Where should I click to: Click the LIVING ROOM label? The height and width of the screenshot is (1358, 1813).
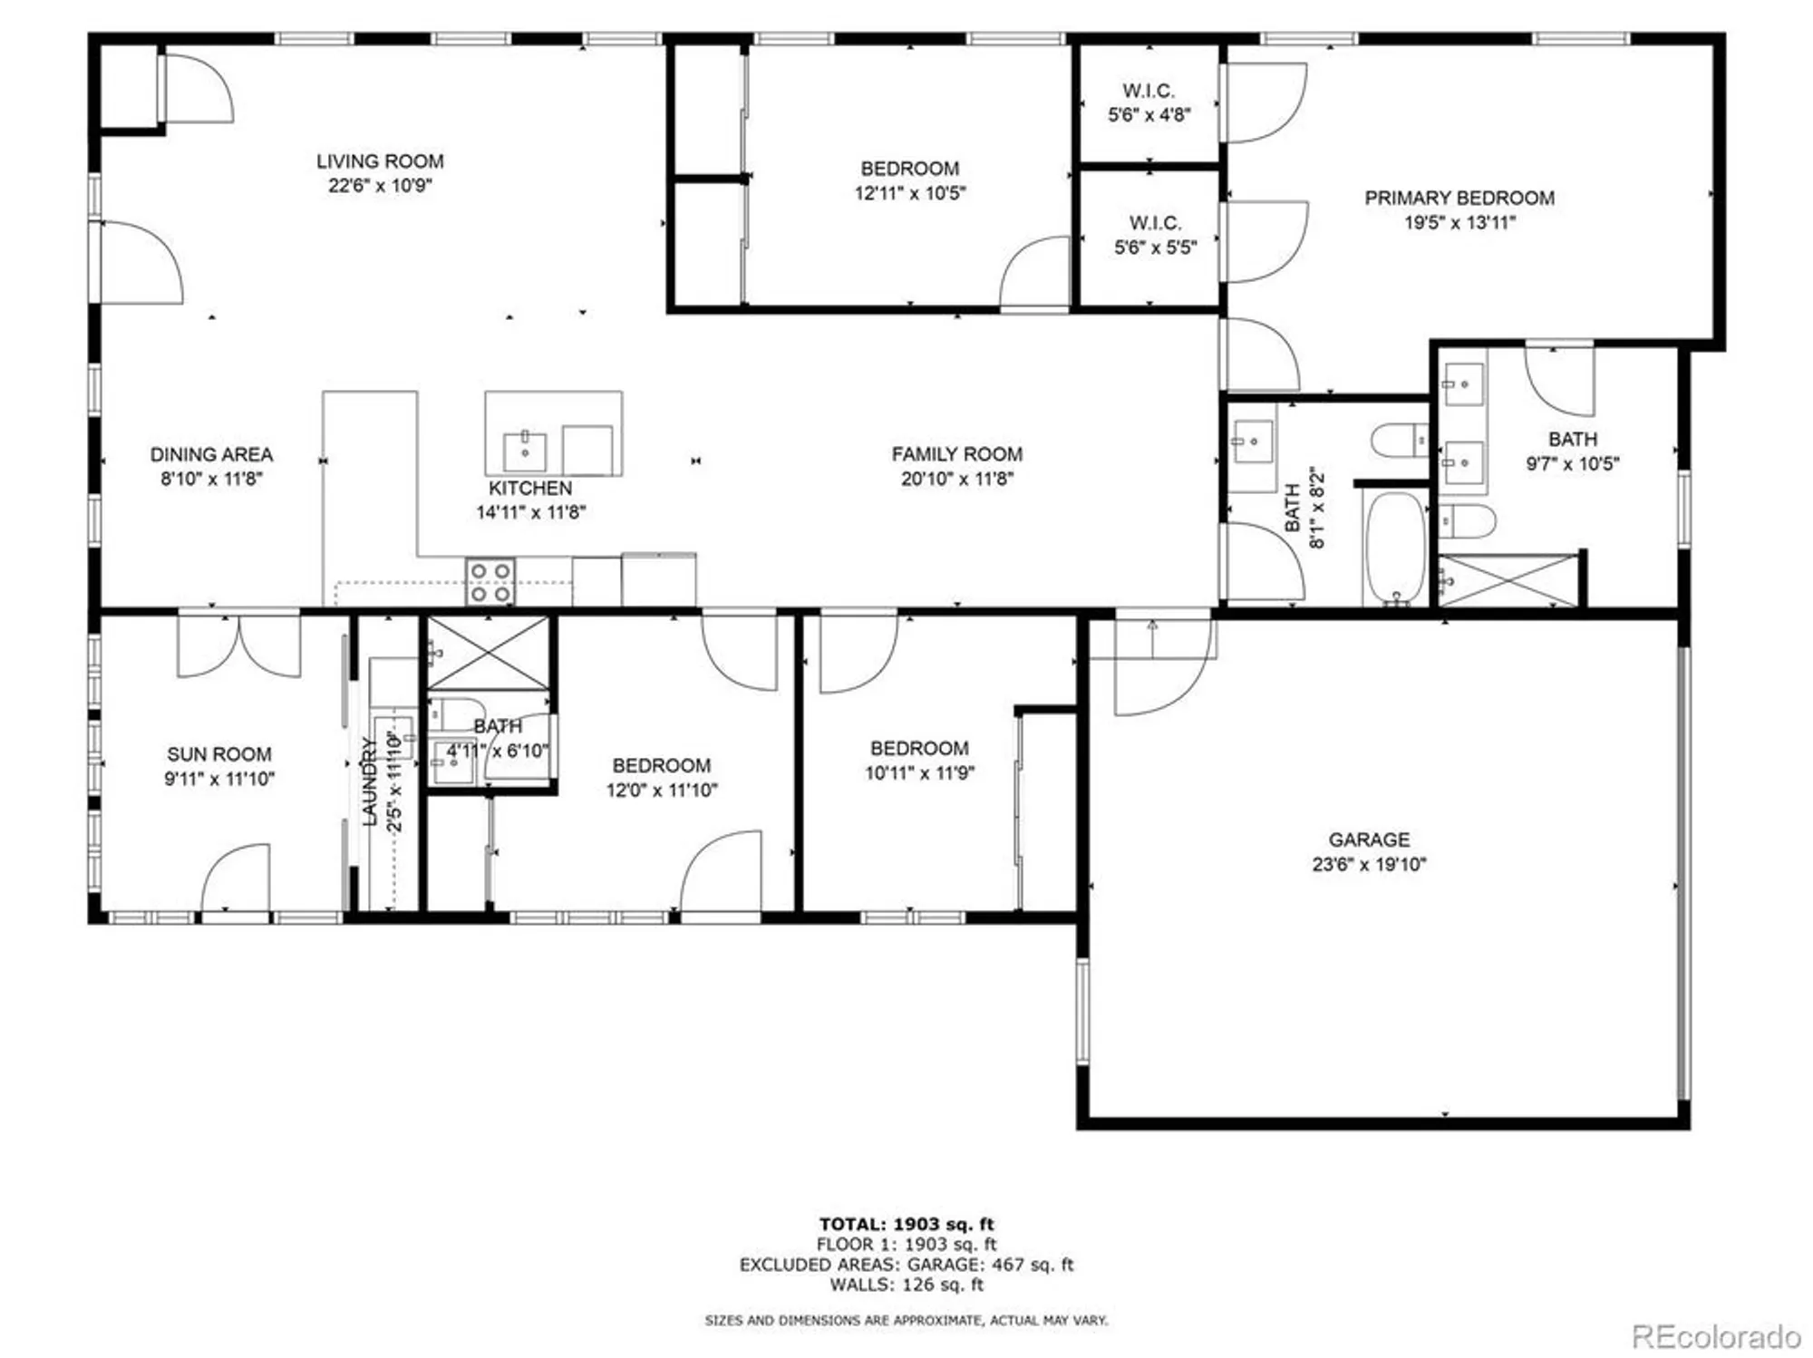[380, 161]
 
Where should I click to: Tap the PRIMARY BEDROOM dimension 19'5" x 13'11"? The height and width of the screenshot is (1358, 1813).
[1459, 222]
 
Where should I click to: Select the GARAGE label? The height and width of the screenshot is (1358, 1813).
[1369, 839]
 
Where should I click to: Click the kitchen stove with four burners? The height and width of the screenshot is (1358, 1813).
[490, 582]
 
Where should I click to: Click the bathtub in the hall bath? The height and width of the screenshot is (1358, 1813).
[1396, 547]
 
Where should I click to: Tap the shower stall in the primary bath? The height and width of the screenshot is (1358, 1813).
[1508, 581]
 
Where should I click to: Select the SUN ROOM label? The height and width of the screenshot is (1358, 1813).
[218, 754]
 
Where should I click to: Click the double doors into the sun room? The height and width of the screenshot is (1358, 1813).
[238, 645]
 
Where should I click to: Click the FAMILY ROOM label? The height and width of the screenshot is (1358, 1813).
[956, 454]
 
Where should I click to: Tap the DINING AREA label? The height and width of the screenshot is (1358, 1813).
[211, 454]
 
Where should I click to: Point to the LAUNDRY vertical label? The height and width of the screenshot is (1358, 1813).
[369, 781]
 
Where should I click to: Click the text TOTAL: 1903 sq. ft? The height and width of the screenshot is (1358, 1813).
[906, 1224]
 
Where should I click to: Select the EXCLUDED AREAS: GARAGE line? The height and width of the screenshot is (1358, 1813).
[906, 1265]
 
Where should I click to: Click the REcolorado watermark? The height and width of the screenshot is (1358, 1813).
[1715, 1336]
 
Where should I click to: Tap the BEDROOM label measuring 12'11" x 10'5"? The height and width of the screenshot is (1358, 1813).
[909, 169]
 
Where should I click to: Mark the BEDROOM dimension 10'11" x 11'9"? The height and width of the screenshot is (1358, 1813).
[919, 773]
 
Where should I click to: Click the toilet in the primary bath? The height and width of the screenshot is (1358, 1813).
[1468, 521]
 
